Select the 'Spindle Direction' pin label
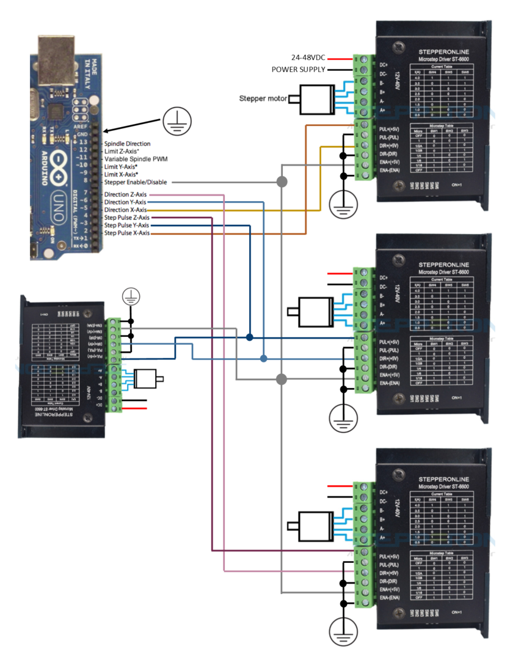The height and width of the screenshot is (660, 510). tap(127, 143)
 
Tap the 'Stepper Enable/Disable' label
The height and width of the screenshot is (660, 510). tap(135, 182)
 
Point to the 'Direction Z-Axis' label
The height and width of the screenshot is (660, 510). tap(126, 194)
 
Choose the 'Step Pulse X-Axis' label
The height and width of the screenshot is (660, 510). tap(127, 233)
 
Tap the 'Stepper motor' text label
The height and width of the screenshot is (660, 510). tap(261, 98)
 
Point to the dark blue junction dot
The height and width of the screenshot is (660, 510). tap(250, 337)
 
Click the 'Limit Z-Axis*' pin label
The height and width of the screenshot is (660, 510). tap(121, 151)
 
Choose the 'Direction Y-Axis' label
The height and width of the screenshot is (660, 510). tap(126, 202)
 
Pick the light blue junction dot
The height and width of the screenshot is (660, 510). tap(263, 358)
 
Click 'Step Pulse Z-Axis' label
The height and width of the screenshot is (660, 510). tap(127, 217)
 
